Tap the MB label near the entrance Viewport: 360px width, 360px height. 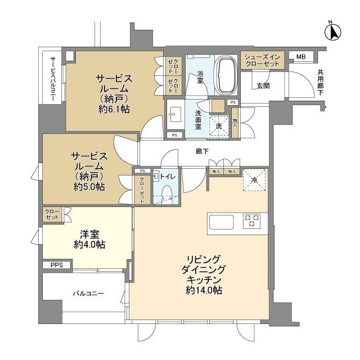[301, 57]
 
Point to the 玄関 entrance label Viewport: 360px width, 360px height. [263, 85]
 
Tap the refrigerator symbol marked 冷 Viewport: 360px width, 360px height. [254, 179]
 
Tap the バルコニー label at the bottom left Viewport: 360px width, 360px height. [88, 294]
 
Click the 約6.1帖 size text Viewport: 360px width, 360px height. [114, 109]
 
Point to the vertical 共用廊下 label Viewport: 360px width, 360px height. [320, 82]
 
